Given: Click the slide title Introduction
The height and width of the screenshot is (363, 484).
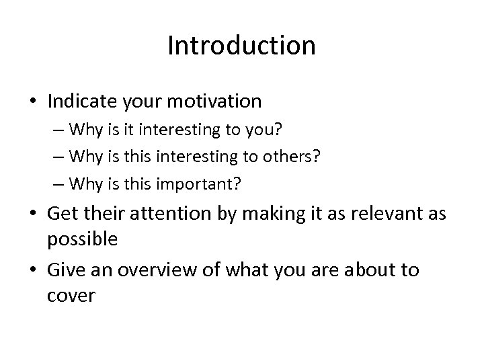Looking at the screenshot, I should [x=241, y=46].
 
